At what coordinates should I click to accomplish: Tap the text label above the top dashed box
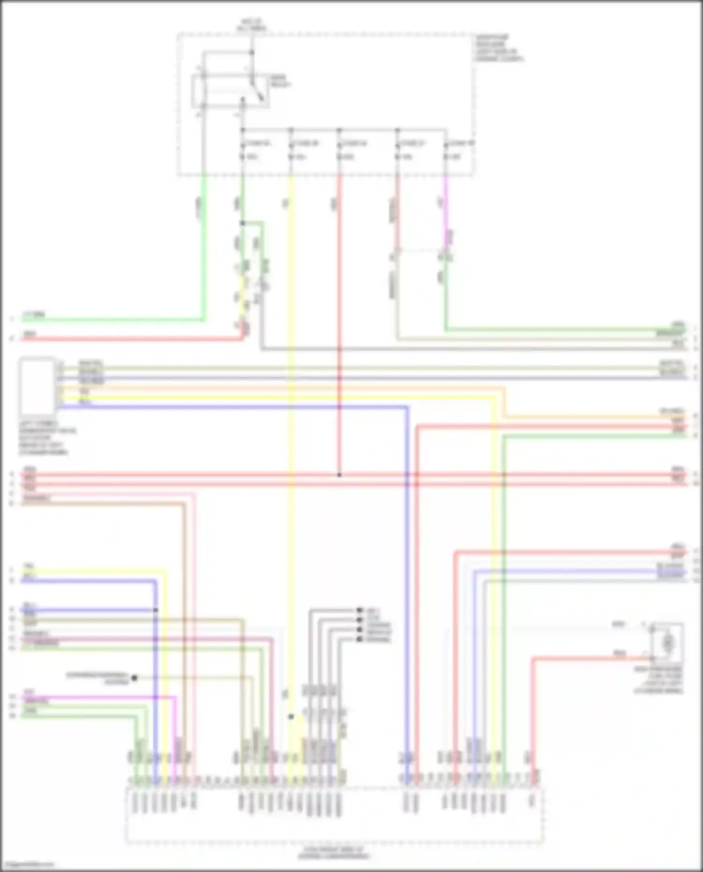pyautogui.click(x=252, y=25)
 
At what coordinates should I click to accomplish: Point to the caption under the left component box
pyautogui.click(x=47, y=438)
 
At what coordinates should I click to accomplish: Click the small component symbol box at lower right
pyautogui.click(x=667, y=642)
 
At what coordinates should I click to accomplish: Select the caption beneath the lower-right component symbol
pyautogui.click(x=659, y=680)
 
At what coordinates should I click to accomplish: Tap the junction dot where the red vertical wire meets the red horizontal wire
pyautogui.click(x=339, y=475)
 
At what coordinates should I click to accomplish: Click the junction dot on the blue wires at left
pyautogui.click(x=156, y=610)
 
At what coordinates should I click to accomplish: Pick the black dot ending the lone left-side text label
pyautogui.click(x=134, y=678)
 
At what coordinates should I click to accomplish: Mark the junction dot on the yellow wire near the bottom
pyautogui.click(x=291, y=716)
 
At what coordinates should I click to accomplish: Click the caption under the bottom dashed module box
pyautogui.click(x=334, y=853)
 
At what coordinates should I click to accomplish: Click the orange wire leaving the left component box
pyautogui.click(x=281, y=388)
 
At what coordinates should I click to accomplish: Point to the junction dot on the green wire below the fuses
pyautogui.click(x=242, y=223)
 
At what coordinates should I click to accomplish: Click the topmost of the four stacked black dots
pyautogui.click(x=359, y=610)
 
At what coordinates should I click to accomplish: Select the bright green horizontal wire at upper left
pyautogui.click(x=112, y=320)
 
